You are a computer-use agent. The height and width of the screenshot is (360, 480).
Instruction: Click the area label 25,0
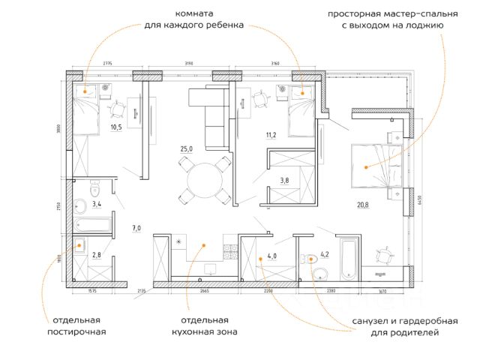[187, 150]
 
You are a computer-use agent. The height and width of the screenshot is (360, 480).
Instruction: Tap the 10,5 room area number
[116, 127]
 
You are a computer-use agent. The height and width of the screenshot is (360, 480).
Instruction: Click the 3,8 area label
[284, 180]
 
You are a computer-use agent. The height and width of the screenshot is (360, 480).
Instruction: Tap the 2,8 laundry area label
[96, 255]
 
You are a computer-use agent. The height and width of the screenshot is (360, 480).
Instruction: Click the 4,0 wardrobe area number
[272, 256]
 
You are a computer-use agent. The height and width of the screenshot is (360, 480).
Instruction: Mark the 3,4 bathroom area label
[97, 203]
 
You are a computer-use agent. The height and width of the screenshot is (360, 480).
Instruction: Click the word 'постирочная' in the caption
[76, 331]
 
